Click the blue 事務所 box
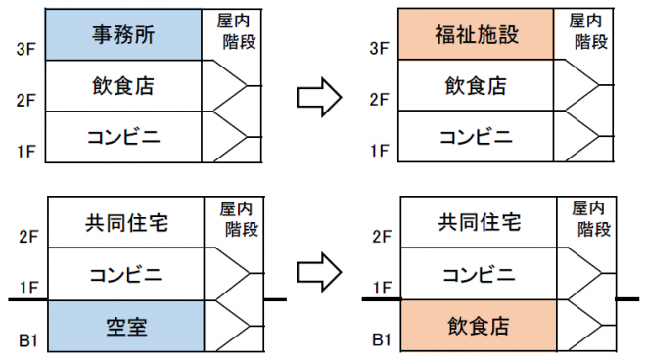[x=122, y=34]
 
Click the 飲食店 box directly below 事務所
[x=122, y=86]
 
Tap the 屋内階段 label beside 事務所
[x=231, y=30]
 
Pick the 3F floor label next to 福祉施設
[x=381, y=47]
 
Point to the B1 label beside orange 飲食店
[x=381, y=342]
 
